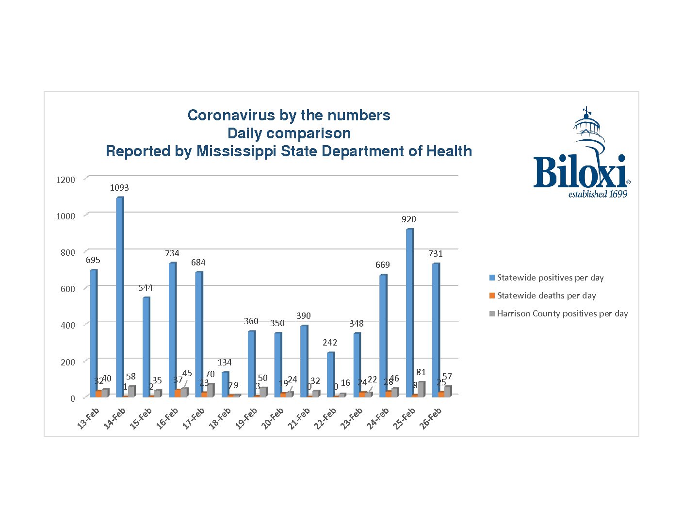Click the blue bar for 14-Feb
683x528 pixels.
(x=119, y=296)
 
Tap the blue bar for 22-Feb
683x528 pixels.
(x=330, y=374)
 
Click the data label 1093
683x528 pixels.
(x=119, y=188)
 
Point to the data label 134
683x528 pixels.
(x=225, y=363)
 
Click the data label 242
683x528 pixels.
(x=330, y=343)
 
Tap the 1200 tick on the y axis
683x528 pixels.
(x=65, y=180)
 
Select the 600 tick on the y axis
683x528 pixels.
(x=67, y=289)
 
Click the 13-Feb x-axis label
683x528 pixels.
(x=88, y=418)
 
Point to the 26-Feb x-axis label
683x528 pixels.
(x=431, y=418)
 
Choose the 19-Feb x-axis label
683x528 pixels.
(x=246, y=418)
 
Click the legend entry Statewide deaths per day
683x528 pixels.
(x=546, y=296)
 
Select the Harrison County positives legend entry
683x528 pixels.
(x=562, y=313)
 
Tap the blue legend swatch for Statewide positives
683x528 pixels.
(x=492, y=278)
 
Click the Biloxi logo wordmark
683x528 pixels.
(x=580, y=172)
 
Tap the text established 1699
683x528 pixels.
(x=598, y=195)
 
